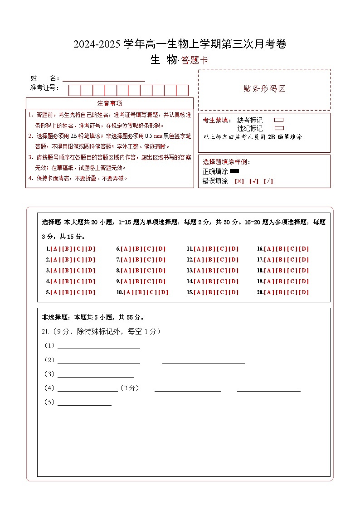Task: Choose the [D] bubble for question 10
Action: [163, 292]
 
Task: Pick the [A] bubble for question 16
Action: [268, 249]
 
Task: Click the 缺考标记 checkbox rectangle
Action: [279, 120]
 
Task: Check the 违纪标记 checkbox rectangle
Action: [279, 128]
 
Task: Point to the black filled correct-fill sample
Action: [234, 171]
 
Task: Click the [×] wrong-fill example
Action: [239, 181]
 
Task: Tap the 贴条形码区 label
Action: [264, 89]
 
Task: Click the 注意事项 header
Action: [110, 103]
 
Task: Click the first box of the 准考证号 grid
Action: [74, 90]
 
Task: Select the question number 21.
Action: [45, 331]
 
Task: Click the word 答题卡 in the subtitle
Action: [195, 61]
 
